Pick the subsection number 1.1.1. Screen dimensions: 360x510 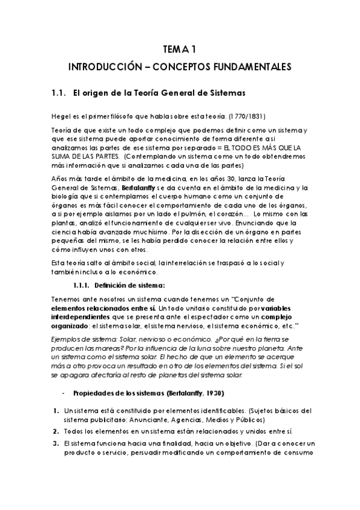pos(83,285)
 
